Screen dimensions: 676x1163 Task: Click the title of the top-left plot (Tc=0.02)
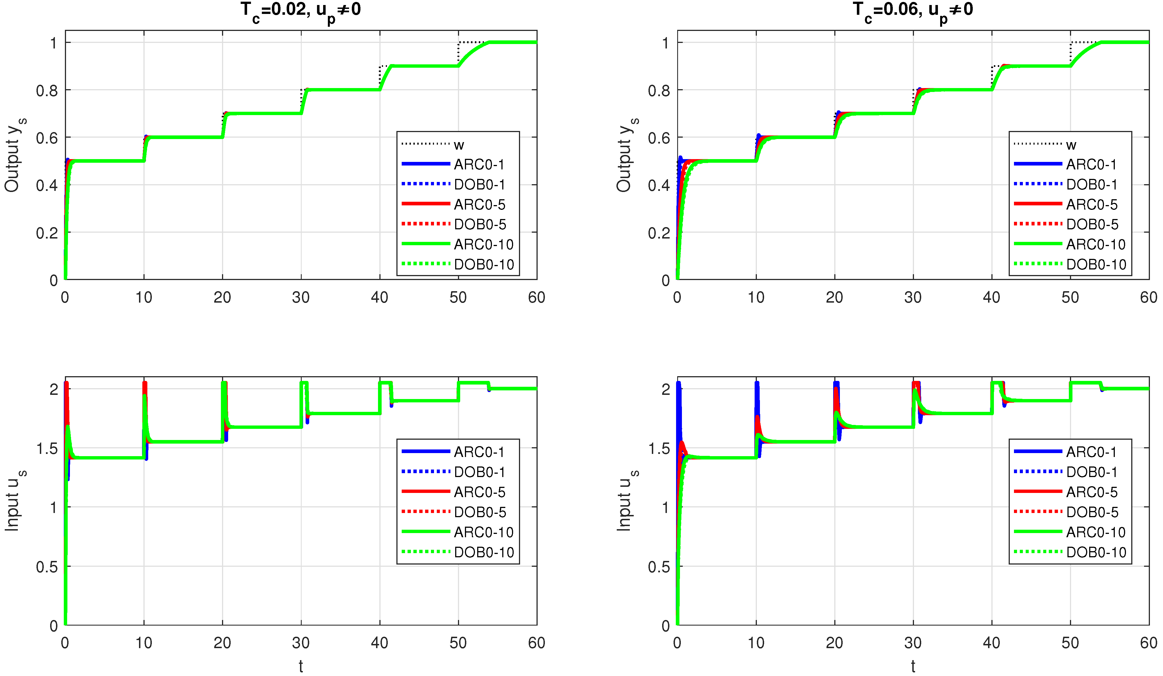[x=301, y=10]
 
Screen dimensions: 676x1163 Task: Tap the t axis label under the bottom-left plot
[x=301, y=666]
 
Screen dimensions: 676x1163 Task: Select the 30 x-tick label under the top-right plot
[x=913, y=297]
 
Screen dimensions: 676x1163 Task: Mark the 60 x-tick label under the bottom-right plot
[x=1148, y=643]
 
